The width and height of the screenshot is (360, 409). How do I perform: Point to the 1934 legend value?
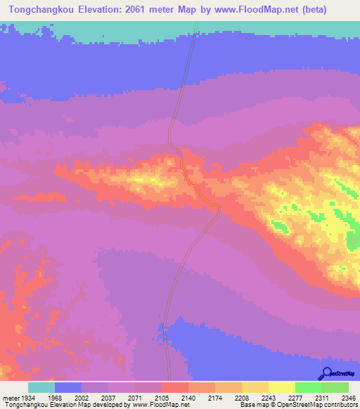tap(28, 398)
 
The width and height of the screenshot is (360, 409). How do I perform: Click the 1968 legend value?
tap(55, 398)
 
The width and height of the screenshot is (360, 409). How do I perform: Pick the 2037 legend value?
tap(108, 398)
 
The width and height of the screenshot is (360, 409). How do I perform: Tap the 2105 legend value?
tap(162, 398)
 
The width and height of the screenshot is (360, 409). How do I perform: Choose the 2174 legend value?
tap(215, 398)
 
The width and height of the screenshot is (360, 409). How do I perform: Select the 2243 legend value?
tap(269, 398)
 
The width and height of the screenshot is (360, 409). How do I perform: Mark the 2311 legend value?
tap(322, 398)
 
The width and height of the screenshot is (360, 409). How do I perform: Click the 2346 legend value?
tap(347, 398)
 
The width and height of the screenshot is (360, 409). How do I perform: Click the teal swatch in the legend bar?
tap(41, 387)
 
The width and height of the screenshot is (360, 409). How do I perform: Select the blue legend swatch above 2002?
tap(68, 387)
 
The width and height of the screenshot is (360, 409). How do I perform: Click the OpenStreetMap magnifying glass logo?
tap(326, 373)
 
